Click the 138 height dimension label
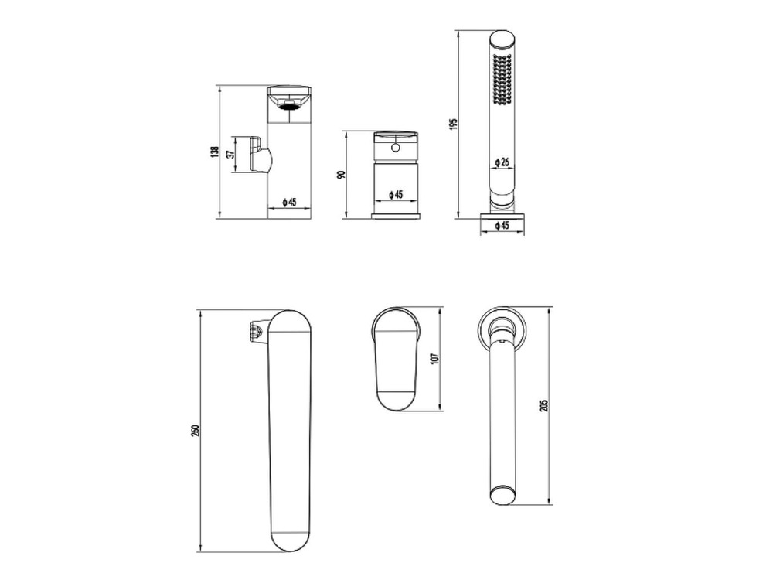[214, 152]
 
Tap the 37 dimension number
[230, 155]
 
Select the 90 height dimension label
[341, 175]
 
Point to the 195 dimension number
[454, 123]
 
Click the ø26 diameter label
[502, 162]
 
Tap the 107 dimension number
[434, 358]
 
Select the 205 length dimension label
[544, 405]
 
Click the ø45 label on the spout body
[289, 202]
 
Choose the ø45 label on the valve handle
[396, 194]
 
